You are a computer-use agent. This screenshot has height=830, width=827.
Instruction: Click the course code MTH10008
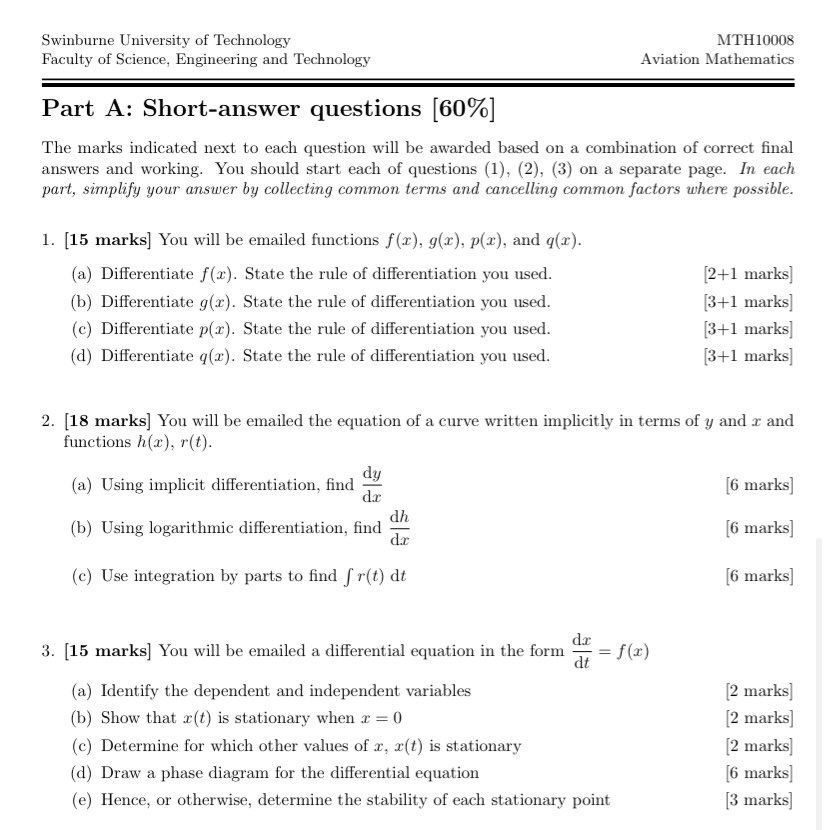(x=755, y=40)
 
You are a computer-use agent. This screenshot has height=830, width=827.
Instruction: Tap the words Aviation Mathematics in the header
(x=717, y=59)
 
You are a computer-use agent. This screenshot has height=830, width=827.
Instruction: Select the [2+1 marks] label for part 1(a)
(x=747, y=274)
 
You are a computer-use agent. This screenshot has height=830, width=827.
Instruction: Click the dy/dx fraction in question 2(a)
(x=372, y=484)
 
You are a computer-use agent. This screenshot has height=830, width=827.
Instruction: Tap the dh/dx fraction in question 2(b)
(x=399, y=527)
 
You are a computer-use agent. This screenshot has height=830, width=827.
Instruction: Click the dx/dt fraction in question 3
(x=581, y=650)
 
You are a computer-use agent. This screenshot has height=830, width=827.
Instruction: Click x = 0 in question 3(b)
(x=381, y=718)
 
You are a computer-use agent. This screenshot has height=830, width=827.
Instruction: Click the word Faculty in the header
(x=68, y=59)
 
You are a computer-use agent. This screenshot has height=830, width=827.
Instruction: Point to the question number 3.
(x=47, y=651)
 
